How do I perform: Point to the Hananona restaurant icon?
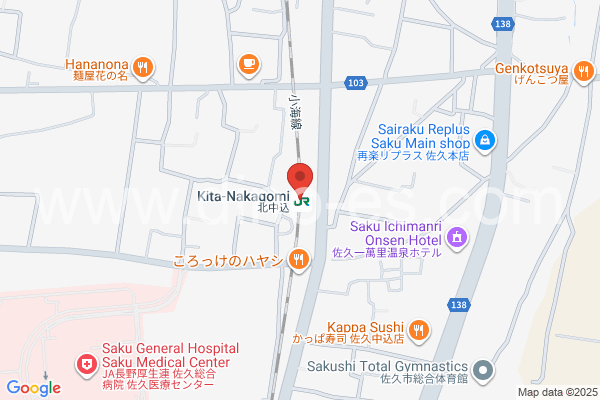point(144,67)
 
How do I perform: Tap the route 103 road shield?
point(355,81)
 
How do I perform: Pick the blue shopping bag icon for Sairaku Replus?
point(483,139)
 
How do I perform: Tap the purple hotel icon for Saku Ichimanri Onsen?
point(457,237)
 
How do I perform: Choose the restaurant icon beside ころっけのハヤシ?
point(297,261)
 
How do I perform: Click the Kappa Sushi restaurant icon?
point(419,327)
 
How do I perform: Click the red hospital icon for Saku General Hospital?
point(86,362)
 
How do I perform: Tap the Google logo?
point(33,387)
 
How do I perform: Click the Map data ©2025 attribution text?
point(556,391)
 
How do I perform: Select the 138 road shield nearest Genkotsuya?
point(503,22)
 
